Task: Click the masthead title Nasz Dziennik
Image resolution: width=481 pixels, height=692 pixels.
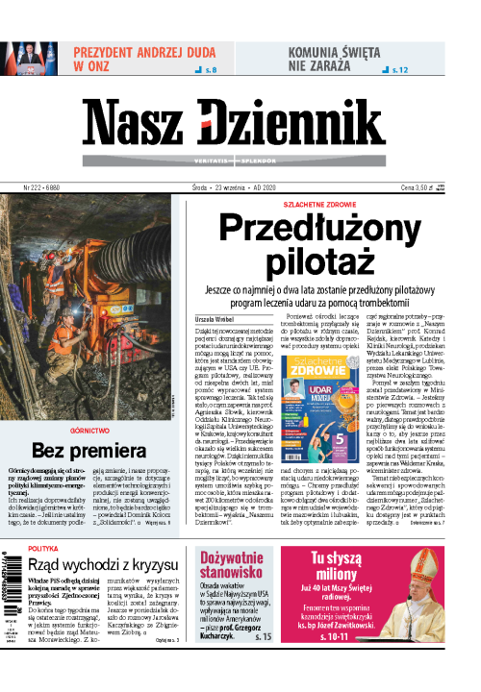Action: click(x=240, y=122)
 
